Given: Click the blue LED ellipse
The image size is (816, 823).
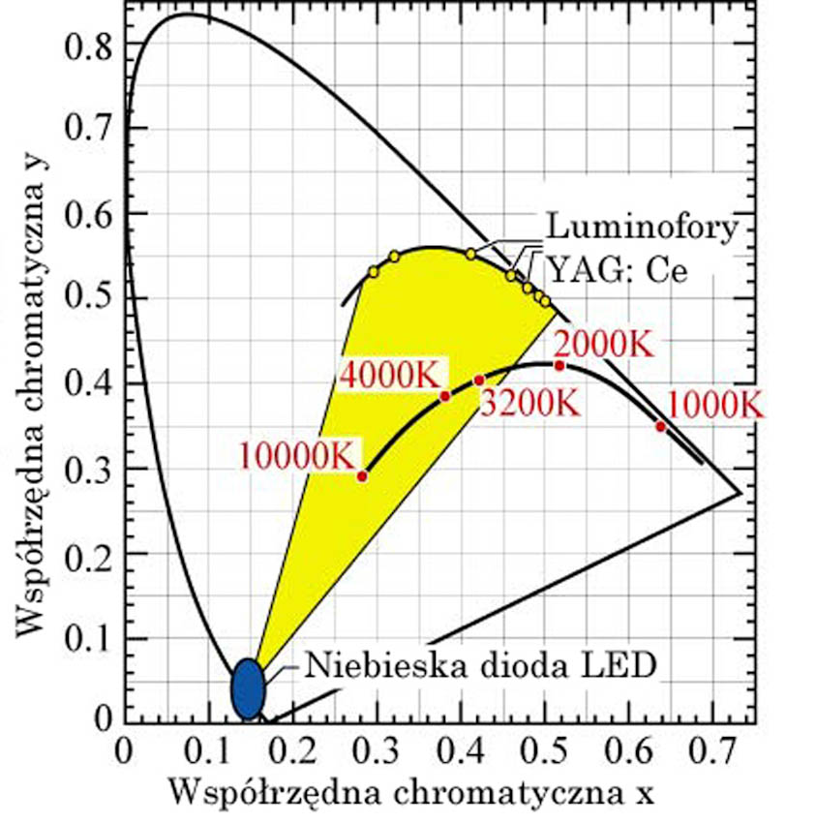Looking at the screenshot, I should tap(249, 687).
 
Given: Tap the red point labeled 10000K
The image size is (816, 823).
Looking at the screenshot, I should tap(363, 475).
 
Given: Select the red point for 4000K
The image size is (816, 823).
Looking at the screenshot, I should tap(445, 395).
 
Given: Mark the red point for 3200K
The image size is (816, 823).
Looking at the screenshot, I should tap(478, 380).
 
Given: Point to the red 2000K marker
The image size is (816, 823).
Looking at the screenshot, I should tap(559, 365).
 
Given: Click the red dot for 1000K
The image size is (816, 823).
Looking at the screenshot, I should tap(661, 426).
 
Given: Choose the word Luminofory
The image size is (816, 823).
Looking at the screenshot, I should tap(642, 229).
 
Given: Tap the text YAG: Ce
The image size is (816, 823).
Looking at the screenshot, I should tap(618, 268).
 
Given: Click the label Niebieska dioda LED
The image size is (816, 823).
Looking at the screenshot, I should tap(481, 666).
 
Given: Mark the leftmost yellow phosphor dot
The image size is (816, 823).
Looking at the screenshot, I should tap(374, 272).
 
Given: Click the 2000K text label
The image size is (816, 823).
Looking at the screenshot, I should tap(601, 344).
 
